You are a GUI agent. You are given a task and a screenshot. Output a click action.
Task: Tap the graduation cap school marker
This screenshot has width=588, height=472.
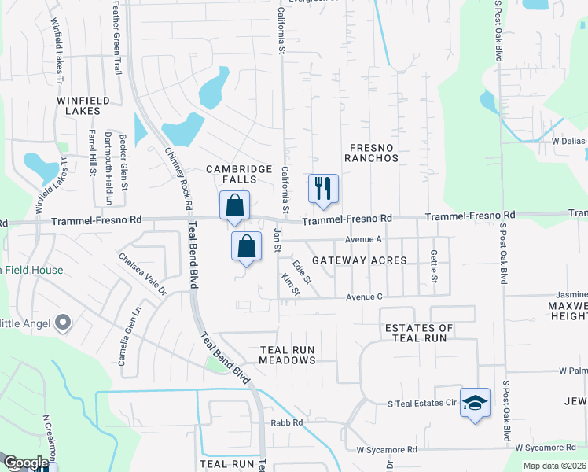pos(475,403)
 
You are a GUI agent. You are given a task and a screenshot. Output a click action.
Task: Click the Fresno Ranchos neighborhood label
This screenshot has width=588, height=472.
pos(374,153)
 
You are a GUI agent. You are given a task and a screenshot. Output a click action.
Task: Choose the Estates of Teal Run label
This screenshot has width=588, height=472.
pos(418,333)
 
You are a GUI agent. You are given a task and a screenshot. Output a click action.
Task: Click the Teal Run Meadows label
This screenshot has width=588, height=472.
pos(288,355)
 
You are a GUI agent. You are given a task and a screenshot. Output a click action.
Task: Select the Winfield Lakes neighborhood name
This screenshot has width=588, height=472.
pos(79,106)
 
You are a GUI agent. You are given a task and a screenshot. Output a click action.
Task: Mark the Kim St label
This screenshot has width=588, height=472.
pos(291,285)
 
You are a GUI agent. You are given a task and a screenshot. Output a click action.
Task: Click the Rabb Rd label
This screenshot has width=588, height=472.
pos(287,422)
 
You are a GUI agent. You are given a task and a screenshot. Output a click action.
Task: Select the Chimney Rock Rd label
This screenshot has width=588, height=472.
pos(179,178)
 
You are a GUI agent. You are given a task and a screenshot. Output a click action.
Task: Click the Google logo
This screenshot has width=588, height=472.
pos(24,463)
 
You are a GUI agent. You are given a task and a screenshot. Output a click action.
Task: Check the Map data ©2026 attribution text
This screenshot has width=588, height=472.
pos(554,466)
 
